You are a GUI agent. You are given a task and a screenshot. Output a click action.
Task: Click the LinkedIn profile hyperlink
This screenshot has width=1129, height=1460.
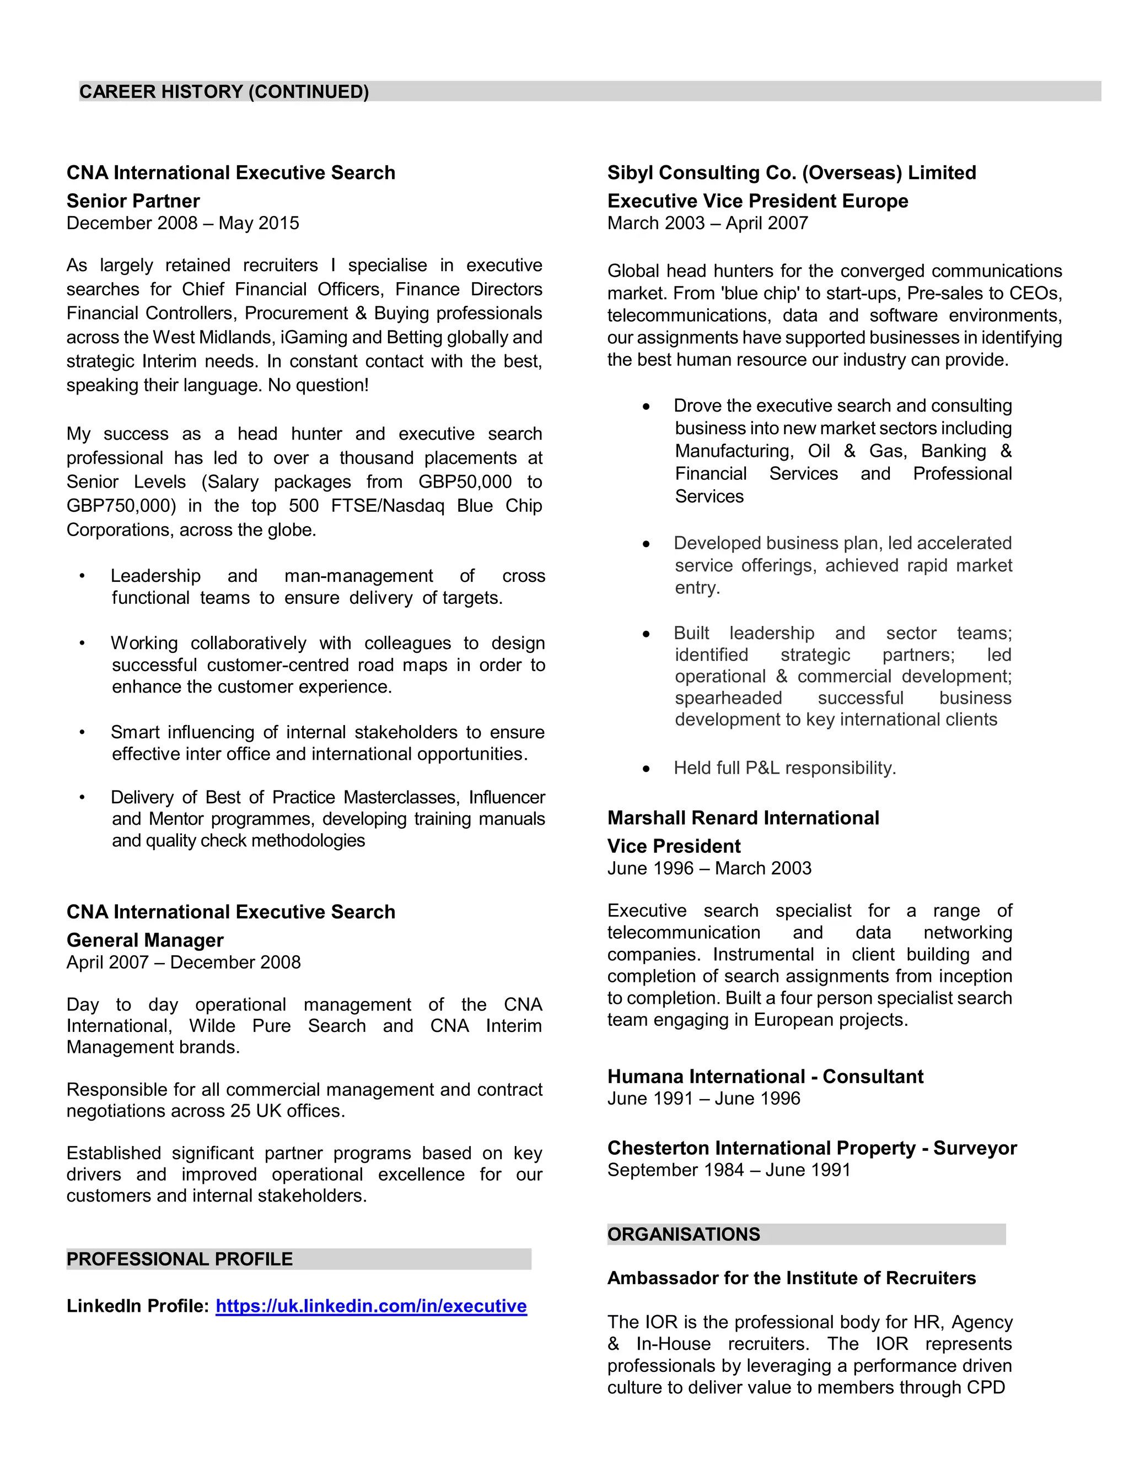coord(370,1306)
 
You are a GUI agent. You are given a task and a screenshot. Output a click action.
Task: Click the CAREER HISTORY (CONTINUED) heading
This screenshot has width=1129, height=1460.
coord(224,91)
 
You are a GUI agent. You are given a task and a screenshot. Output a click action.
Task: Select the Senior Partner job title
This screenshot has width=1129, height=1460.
coord(133,201)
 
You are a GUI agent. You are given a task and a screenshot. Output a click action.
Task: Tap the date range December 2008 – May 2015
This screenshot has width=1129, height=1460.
coord(182,223)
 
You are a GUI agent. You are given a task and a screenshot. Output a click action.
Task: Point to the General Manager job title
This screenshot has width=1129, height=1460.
coord(144,940)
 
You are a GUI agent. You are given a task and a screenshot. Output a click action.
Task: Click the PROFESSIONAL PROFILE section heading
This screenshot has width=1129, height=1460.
coord(179,1259)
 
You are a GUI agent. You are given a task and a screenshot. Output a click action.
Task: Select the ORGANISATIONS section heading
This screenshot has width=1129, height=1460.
coord(683,1234)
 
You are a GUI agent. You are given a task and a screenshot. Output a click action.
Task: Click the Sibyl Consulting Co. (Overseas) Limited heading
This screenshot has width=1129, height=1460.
coord(791,172)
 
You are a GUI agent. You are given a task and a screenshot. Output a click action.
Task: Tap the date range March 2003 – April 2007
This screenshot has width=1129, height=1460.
coord(708,223)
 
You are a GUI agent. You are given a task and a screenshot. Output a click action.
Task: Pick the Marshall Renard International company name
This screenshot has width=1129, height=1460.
coord(743,818)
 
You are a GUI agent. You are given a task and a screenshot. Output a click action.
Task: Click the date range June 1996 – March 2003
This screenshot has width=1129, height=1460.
coord(709,868)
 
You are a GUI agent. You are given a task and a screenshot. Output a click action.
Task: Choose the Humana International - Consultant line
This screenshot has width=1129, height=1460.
coord(765,1077)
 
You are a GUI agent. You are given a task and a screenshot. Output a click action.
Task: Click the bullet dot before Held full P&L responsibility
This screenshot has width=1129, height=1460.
coord(646,769)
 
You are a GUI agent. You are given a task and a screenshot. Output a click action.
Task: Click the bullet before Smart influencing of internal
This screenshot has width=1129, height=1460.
coord(82,732)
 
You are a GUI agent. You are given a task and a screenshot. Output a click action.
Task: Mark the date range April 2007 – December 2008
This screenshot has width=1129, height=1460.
coord(183,962)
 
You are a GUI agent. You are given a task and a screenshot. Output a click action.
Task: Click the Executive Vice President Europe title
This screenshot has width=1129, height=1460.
coord(757,201)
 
